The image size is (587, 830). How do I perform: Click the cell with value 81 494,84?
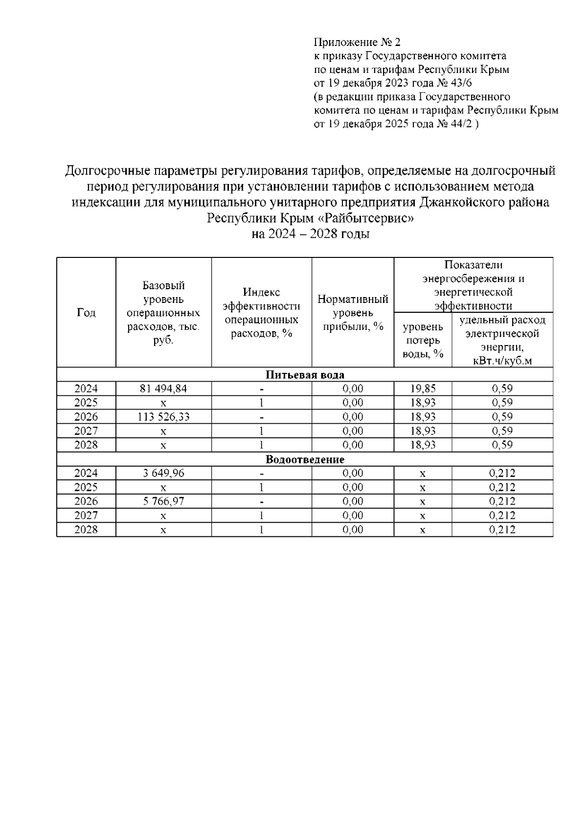(x=163, y=389)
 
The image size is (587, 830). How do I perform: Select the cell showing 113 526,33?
(x=163, y=417)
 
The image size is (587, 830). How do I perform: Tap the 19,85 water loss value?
(x=423, y=389)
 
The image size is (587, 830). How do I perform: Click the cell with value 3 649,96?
(x=163, y=473)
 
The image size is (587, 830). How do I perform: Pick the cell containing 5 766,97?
(x=163, y=502)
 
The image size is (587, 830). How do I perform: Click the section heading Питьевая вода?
(x=305, y=375)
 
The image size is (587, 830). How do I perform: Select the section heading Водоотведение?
(x=305, y=460)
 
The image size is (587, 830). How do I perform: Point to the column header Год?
(x=86, y=313)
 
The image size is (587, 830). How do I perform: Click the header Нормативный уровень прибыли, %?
(x=353, y=313)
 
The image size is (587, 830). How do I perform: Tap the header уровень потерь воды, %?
(x=423, y=340)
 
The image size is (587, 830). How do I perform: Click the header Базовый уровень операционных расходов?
(x=163, y=313)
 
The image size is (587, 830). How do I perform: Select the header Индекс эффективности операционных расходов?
(x=261, y=313)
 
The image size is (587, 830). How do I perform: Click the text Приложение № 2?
(x=357, y=42)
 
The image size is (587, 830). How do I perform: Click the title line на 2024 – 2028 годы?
(x=310, y=234)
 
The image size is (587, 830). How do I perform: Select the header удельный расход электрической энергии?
(x=502, y=340)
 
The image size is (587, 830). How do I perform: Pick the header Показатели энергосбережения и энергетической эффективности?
(x=473, y=285)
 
